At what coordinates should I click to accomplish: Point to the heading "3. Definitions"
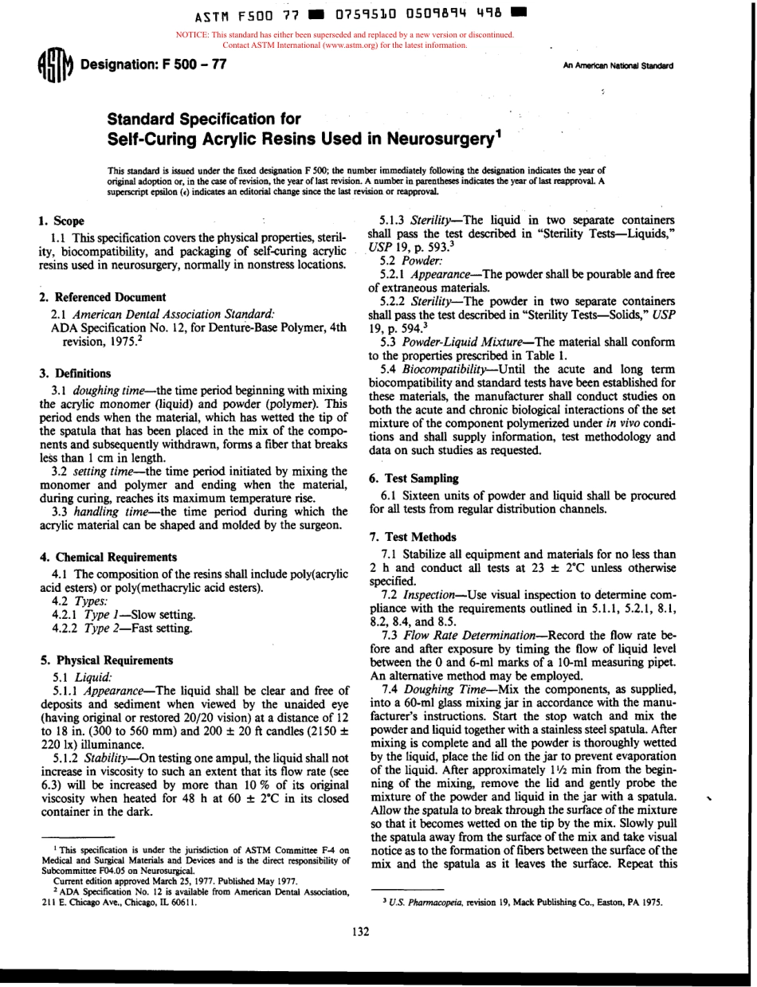[75, 373]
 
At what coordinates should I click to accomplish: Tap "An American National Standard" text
[618, 66]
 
